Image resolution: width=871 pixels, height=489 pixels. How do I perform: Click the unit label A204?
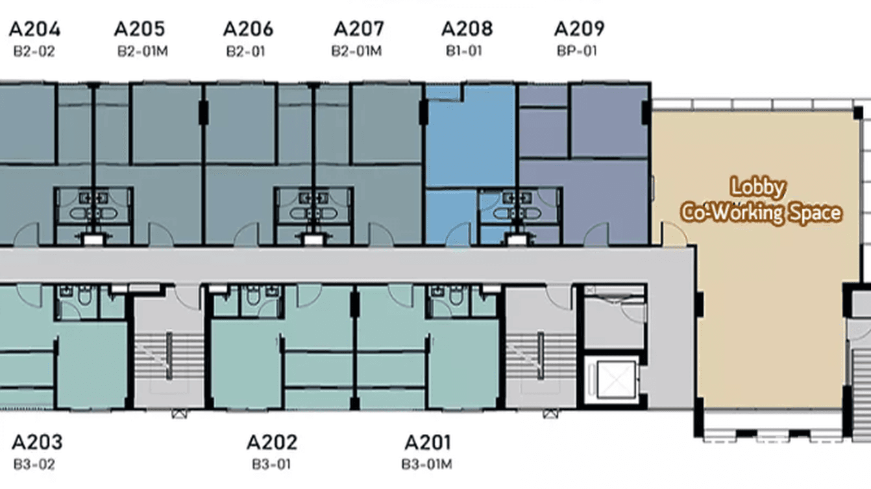point(34,29)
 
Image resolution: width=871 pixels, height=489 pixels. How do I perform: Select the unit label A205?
point(140,29)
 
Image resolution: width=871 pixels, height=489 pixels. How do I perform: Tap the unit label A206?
point(248,29)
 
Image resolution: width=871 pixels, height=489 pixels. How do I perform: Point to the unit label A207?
point(358,29)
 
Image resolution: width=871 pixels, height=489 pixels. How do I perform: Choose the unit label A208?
point(467,29)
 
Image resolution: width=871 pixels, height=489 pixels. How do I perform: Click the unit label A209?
point(579,29)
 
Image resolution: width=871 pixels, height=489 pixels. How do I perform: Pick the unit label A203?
point(37,442)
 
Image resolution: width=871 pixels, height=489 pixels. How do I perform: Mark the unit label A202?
point(272,442)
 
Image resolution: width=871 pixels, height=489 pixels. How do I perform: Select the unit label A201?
point(427,442)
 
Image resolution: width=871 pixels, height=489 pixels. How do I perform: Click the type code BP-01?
point(576,51)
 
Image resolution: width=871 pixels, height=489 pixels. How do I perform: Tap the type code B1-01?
point(464,51)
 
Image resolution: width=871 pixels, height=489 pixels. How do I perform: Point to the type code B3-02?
point(34,464)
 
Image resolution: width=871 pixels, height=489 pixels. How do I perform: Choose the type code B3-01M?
point(426,464)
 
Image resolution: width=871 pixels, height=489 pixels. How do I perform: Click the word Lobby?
point(758,187)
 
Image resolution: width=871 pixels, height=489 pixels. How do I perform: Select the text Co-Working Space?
point(761,213)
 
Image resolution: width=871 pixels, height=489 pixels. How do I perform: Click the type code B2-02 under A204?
point(34,51)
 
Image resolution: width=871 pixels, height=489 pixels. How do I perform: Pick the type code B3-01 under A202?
point(271,464)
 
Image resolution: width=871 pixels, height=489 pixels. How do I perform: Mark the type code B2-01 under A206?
point(245,51)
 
